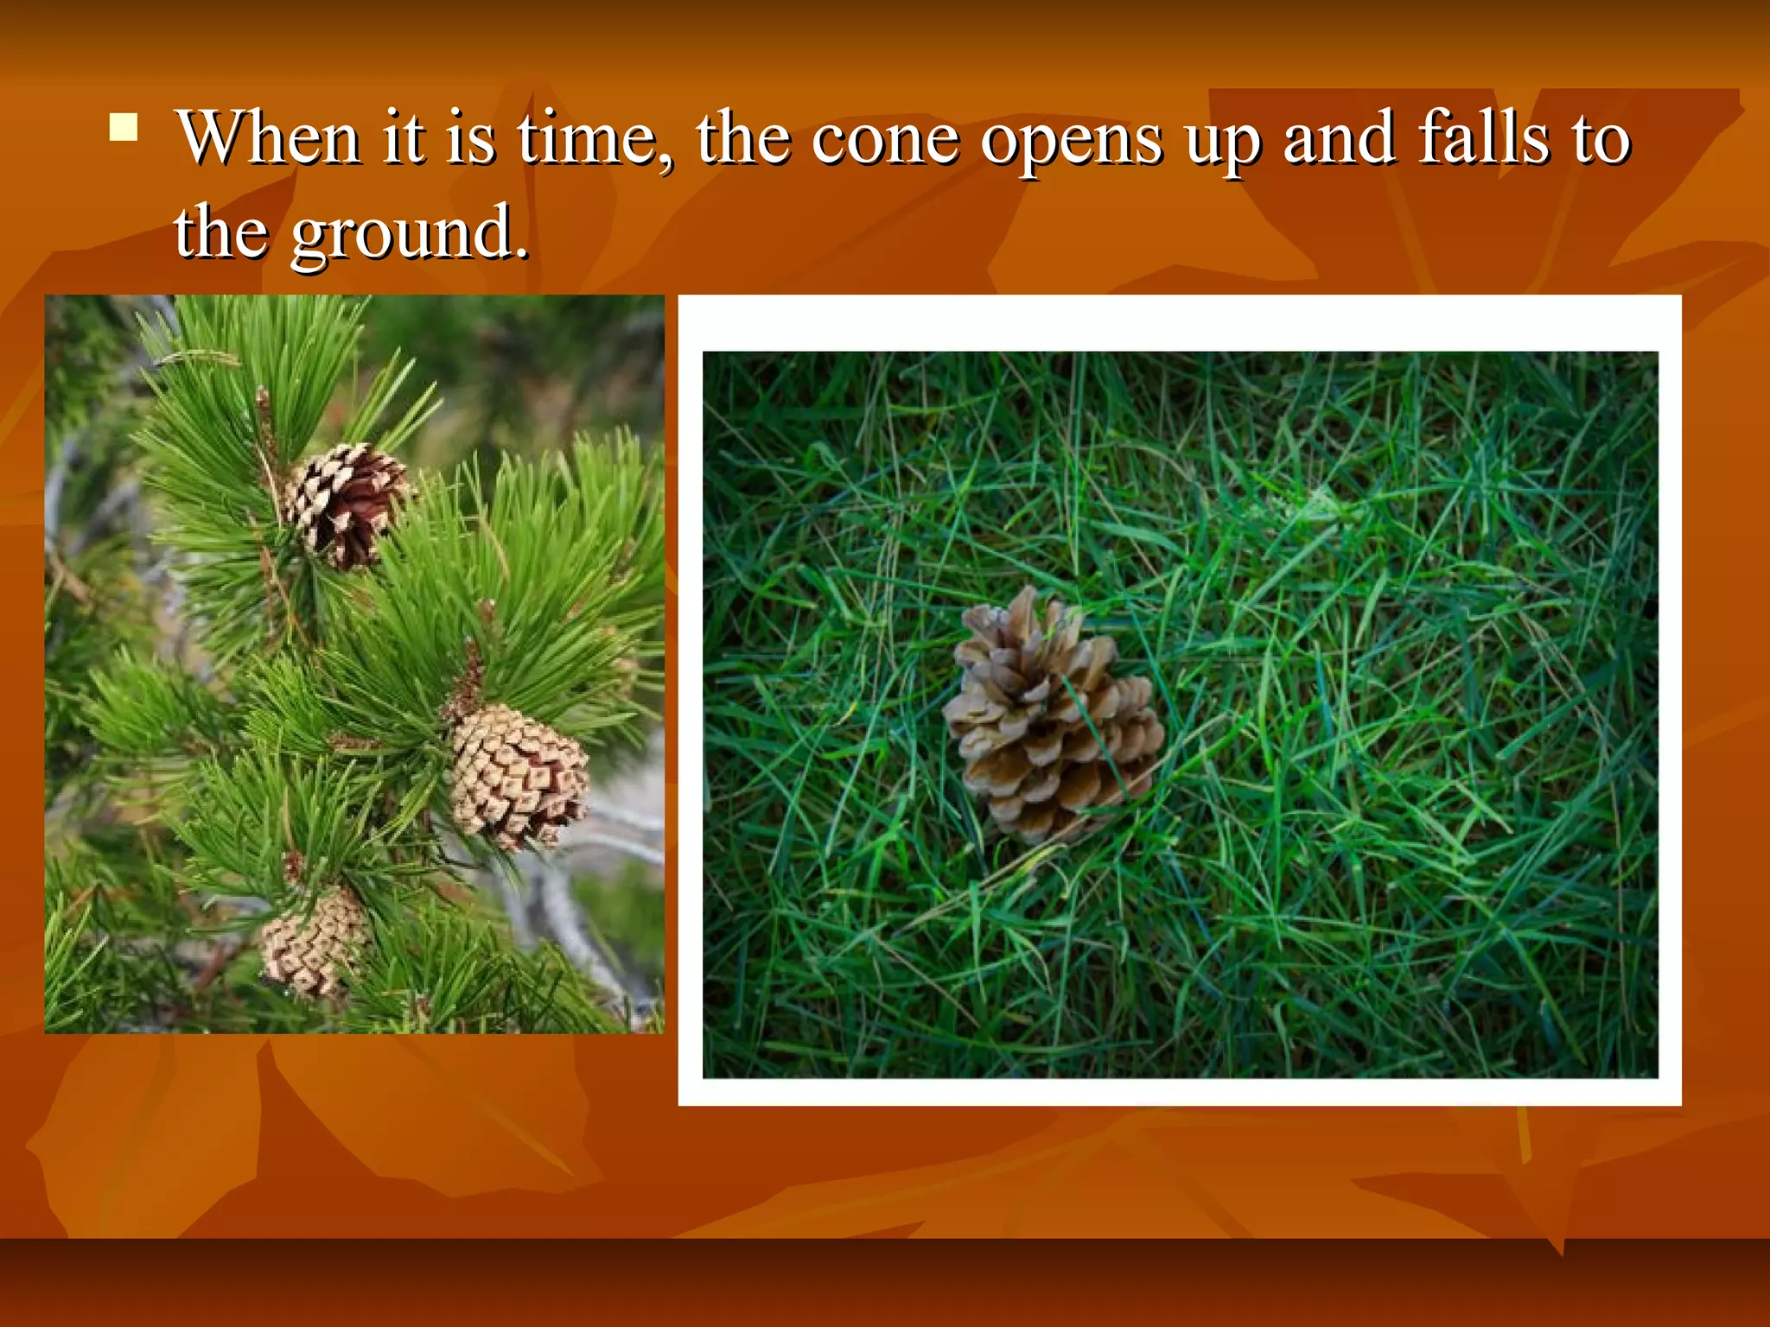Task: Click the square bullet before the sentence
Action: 124,127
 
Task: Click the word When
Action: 269,137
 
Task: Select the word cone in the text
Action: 885,139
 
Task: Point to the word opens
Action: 1072,143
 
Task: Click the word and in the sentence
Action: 1338,137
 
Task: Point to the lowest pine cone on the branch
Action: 315,943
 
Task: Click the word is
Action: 471,137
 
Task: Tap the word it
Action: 404,137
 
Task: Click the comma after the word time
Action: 664,161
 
